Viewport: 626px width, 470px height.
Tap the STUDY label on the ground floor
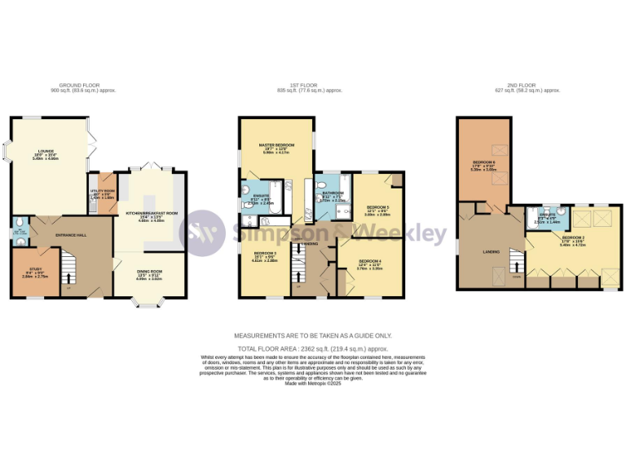[x=35, y=273]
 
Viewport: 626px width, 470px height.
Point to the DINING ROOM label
[x=149, y=275]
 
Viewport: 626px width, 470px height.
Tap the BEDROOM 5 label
[x=377, y=210]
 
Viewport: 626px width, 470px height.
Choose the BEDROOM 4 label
[x=369, y=264]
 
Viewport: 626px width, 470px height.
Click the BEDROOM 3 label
[x=264, y=257]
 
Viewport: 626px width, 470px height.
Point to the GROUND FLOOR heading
[x=77, y=86]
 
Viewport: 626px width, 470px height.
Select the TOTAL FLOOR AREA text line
[x=313, y=348]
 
